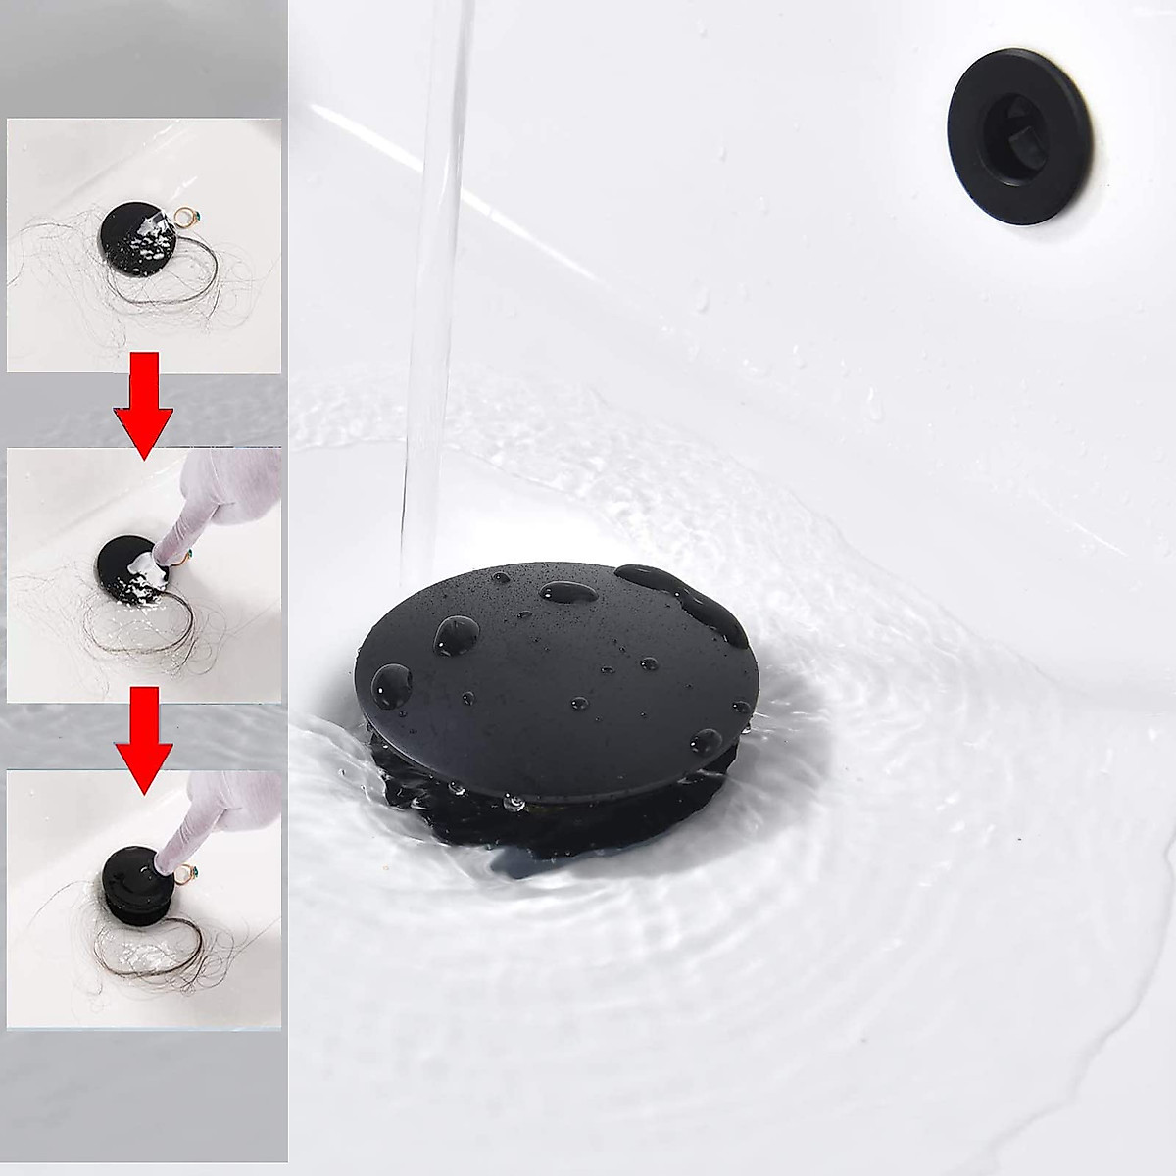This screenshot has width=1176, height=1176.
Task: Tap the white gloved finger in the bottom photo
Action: [186, 823]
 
